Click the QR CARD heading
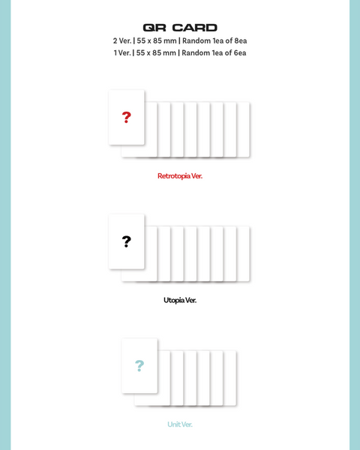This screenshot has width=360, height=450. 180,28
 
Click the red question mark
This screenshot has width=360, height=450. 126,118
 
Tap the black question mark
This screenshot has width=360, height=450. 126,241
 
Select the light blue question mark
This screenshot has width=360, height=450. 139,366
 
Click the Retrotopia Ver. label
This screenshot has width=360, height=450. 180,176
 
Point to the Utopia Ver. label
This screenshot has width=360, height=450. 180,300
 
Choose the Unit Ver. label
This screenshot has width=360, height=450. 180,424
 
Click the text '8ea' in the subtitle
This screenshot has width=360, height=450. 241,40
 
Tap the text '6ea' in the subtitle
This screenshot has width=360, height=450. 240,52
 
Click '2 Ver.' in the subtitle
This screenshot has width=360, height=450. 122,40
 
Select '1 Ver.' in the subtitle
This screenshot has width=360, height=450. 122,52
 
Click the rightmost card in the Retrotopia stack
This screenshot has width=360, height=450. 243,130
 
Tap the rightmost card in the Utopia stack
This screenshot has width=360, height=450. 243,253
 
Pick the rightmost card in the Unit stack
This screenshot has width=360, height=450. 229,378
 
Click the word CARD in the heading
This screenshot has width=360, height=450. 195,28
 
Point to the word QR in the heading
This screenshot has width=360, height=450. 154,28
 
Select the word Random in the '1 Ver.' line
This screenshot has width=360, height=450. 196,52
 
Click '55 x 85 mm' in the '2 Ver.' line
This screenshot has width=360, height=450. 157,40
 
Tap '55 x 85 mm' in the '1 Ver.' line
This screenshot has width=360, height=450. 156,52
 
